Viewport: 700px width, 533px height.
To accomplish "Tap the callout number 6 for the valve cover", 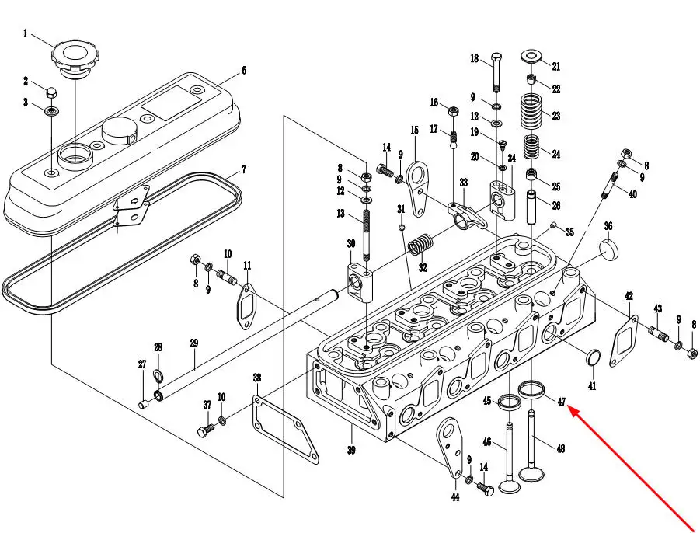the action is tap(244, 71).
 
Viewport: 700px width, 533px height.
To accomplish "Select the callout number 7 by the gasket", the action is tap(244, 169).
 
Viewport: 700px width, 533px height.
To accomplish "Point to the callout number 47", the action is tap(561, 402).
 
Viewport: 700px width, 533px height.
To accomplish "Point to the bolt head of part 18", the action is tap(496, 57).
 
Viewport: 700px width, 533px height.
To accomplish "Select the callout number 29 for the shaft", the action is tap(193, 343).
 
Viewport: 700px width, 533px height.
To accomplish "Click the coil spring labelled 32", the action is tap(420, 246).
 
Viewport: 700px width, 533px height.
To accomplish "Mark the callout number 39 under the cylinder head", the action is tap(351, 451).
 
